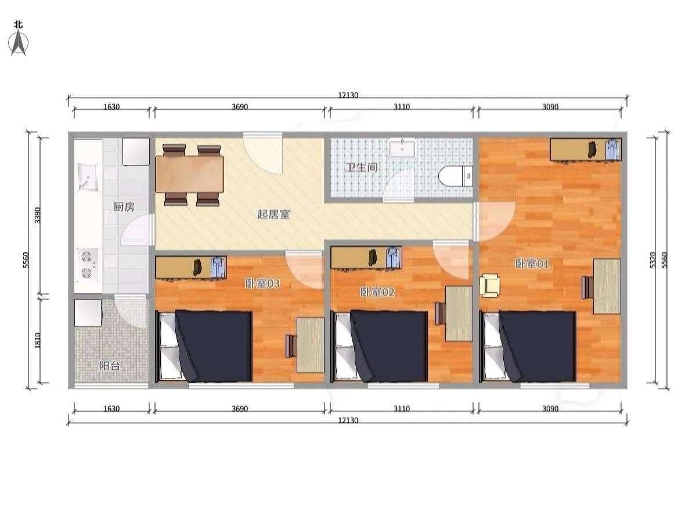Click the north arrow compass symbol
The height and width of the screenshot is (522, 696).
coord(18,43)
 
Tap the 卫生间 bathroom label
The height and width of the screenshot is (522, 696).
coord(362,167)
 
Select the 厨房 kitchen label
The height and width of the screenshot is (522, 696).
coord(124,207)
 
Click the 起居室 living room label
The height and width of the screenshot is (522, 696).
coord(273,214)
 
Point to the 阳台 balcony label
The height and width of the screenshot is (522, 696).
coord(110,366)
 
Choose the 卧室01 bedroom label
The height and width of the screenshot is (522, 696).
coord(532,264)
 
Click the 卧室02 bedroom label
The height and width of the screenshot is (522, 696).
coord(377,292)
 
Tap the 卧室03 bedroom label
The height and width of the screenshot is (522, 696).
coord(262,283)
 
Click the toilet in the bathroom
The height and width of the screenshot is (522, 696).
coord(456,177)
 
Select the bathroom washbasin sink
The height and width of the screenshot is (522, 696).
coord(403,148)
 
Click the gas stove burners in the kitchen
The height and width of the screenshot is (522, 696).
coord(87,264)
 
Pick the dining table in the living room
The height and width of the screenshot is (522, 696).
coord(190,174)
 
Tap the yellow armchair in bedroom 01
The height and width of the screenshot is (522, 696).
coord(489,286)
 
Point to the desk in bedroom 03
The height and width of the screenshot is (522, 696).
coord(311,345)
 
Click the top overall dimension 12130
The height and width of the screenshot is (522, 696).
coord(348,95)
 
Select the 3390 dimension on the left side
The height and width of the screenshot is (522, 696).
coord(38,215)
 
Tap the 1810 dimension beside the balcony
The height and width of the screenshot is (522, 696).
coord(38,340)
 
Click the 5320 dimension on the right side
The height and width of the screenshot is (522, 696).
coord(652,260)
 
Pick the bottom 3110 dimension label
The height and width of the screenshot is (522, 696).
coord(402,409)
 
